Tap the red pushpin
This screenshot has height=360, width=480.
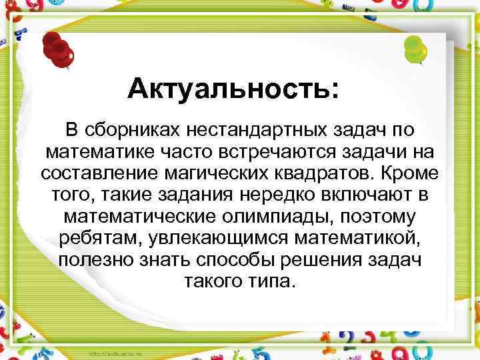pyautogui.click(x=59, y=49)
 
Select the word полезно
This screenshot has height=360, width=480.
pyautogui.click(x=97, y=260)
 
